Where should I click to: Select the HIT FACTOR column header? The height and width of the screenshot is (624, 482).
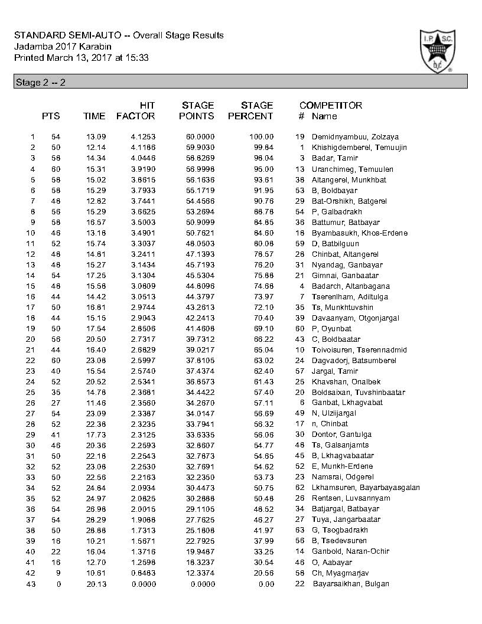click(136, 110)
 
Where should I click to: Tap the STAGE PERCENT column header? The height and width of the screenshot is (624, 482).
click(250, 110)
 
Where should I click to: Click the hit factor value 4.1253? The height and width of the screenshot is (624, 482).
click(143, 137)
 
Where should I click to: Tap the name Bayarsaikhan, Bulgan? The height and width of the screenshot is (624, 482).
click(351, 583)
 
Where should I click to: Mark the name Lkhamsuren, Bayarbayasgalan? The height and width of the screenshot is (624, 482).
click(366, 488)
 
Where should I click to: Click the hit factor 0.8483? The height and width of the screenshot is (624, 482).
click(143, 573)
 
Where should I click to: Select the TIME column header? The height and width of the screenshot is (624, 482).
click(95, 116)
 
